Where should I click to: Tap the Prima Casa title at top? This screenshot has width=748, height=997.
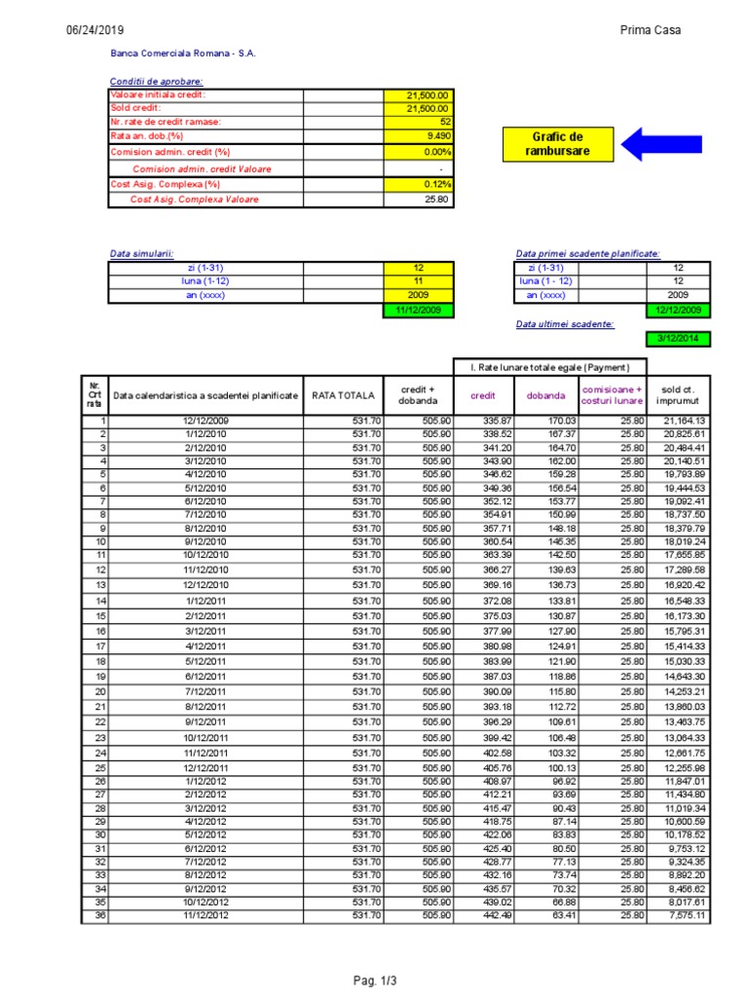click(x=651, y=30)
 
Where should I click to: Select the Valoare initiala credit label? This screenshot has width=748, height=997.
click(x=158, y=95)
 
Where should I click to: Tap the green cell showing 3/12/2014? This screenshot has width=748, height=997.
click(x=677, y=339)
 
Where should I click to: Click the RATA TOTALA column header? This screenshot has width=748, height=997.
click(x=343, y=395)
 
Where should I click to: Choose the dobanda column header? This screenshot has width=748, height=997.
click(x=545, y=396)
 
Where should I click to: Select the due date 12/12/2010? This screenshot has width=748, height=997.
click(x=205, y=585)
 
